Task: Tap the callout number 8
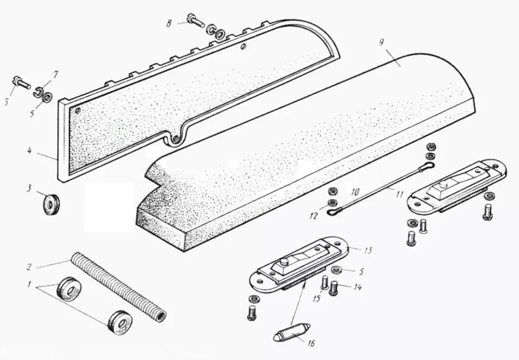pos(170,23)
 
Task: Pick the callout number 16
pos(310,344)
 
